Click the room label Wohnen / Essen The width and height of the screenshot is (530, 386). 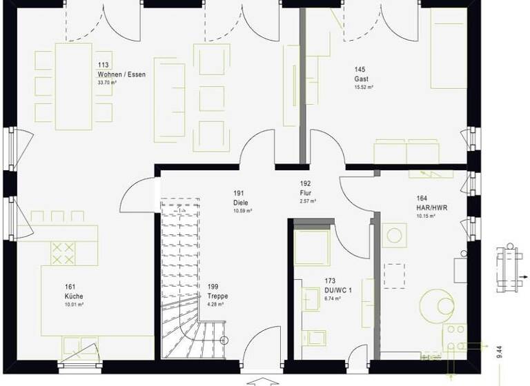point(121,74)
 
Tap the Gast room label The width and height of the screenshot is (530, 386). point(362,79)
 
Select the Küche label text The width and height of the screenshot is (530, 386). point(74,296)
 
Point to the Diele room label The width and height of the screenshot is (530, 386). point(240,203)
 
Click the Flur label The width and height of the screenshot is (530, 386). point(306,194)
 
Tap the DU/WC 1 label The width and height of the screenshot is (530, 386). point(337,290)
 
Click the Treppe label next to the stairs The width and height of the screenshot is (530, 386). point(217,296)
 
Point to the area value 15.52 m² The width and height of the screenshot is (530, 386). point(364,88)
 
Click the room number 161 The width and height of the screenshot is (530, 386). point(70,287)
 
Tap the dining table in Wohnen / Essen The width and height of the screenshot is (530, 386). point(74,86)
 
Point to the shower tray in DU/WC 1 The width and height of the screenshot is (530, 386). point(313,247)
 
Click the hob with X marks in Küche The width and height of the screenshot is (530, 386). point(63,253)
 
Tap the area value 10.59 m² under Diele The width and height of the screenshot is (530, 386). point(242,211)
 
